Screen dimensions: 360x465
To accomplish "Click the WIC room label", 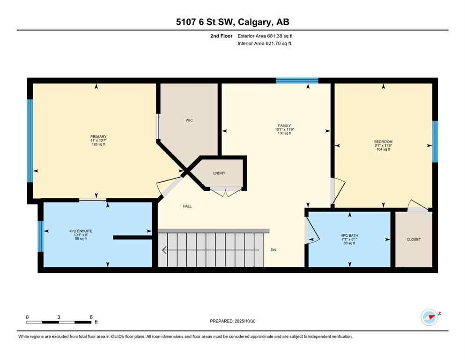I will [x=189, y=120].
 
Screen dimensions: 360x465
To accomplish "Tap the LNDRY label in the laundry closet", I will [x=219, y=173].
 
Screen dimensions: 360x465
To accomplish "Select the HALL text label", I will [x=187, y=206].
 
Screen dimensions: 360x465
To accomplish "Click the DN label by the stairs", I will [x=273, y=250].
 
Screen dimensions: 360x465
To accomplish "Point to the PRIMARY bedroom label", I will [x=98, y=136].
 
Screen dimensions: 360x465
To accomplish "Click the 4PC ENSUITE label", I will [x=81, y=231].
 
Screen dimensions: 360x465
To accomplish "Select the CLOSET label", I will [x=413, y=240].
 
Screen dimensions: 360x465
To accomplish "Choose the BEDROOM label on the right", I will [x=383, y=142].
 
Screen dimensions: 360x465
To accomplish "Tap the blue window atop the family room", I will [x=297, y=81].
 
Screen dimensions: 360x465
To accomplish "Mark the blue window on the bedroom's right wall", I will [x=435, y=141].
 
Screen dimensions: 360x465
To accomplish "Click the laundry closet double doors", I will [x=226, y=191].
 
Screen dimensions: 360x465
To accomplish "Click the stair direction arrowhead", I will [x=163, y=250].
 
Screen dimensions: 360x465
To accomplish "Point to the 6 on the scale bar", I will [x=91, y=317].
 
